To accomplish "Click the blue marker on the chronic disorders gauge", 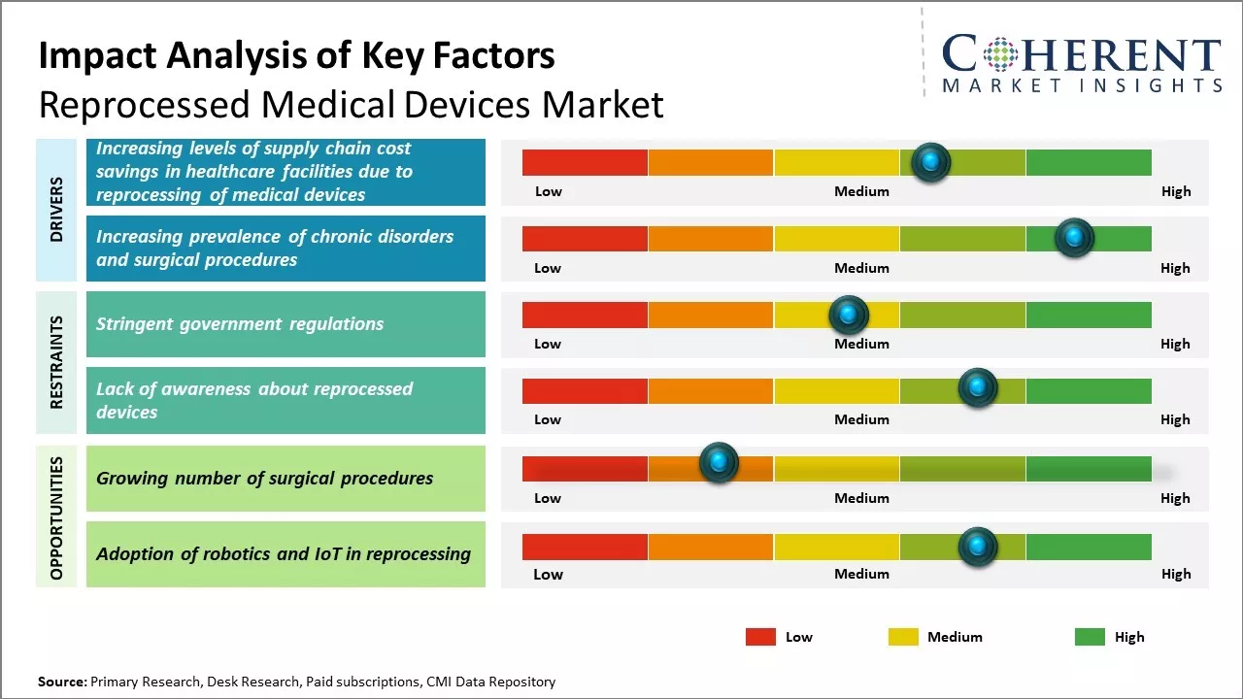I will click(1074, 238).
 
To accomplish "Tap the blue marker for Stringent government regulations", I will click(849, 315).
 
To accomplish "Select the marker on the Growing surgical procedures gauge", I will click(719, 463).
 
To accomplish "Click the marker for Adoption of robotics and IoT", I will click(978, 547).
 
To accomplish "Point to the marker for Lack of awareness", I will click(978, 388).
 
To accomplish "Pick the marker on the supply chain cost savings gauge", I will click(931, 162).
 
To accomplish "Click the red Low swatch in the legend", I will click(760, 637).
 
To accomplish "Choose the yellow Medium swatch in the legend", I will click(903, 637).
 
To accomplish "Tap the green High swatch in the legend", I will click(1090, 637).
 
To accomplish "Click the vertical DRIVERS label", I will click(56, 209).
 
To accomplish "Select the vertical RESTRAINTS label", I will click(56, 362).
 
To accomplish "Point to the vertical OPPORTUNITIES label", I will click(56, 517).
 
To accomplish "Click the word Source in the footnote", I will click(61, 682).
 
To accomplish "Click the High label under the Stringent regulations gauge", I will click(1175, 344).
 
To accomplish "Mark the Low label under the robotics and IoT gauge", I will click(548, 574).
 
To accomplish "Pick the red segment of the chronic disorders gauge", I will click(585, 238).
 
